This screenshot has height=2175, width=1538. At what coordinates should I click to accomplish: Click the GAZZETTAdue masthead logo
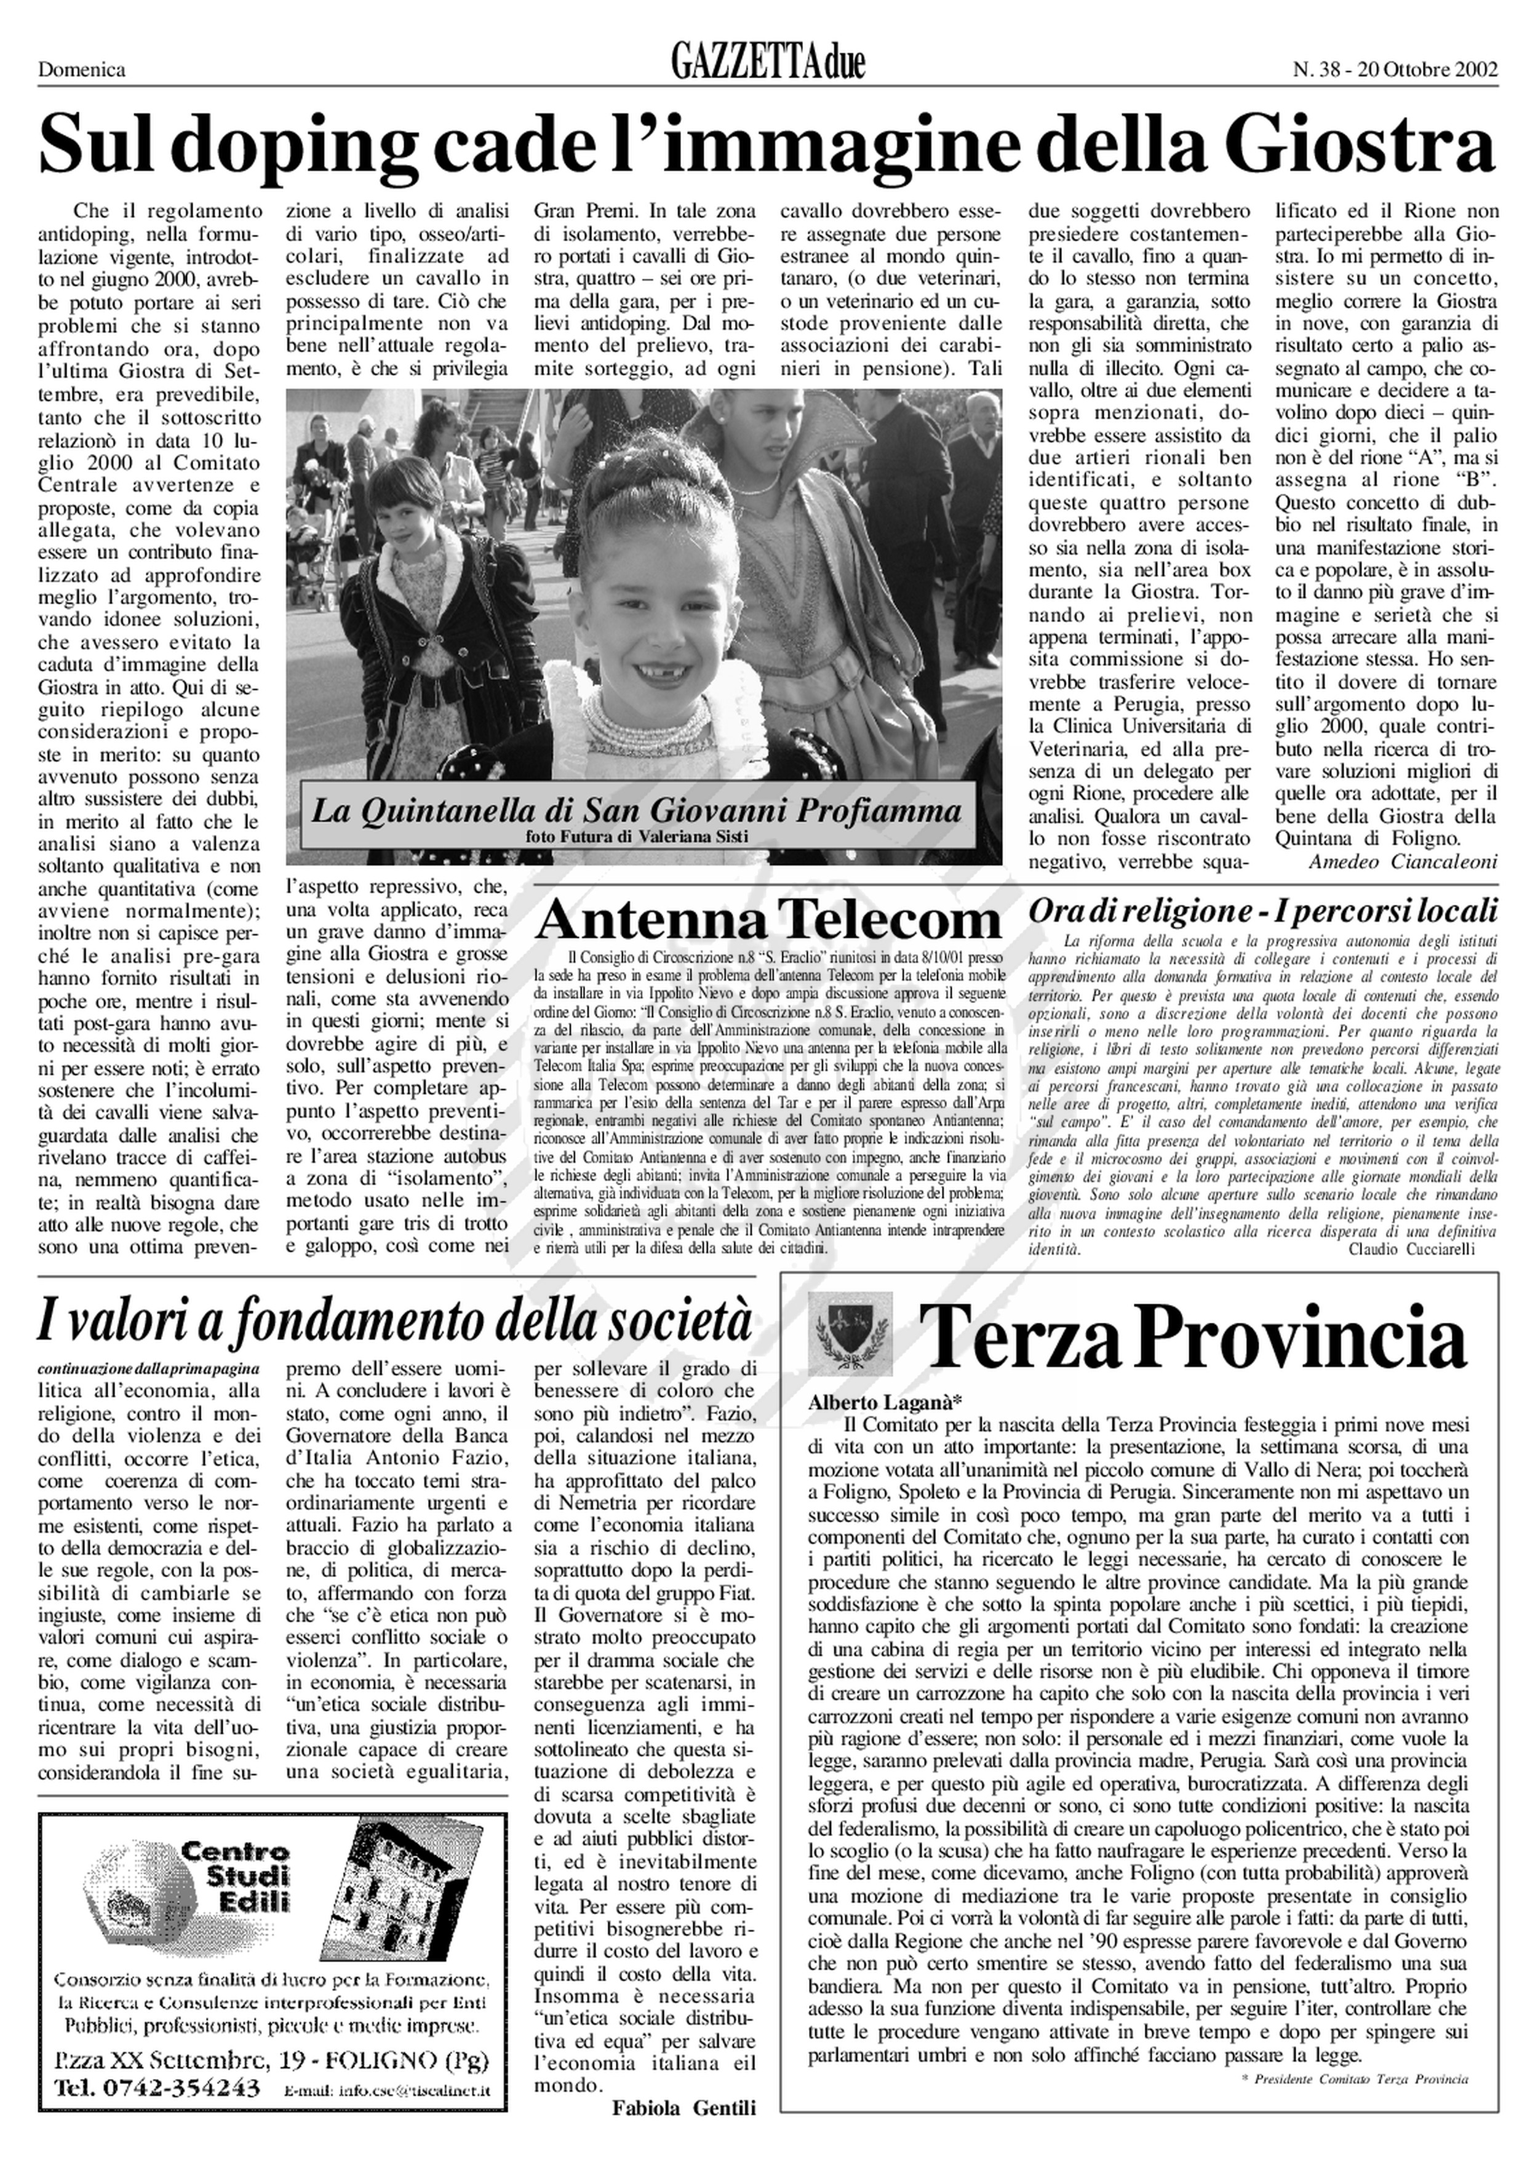(768, 63)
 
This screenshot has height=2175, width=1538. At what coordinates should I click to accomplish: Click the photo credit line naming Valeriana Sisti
(636, 836)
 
